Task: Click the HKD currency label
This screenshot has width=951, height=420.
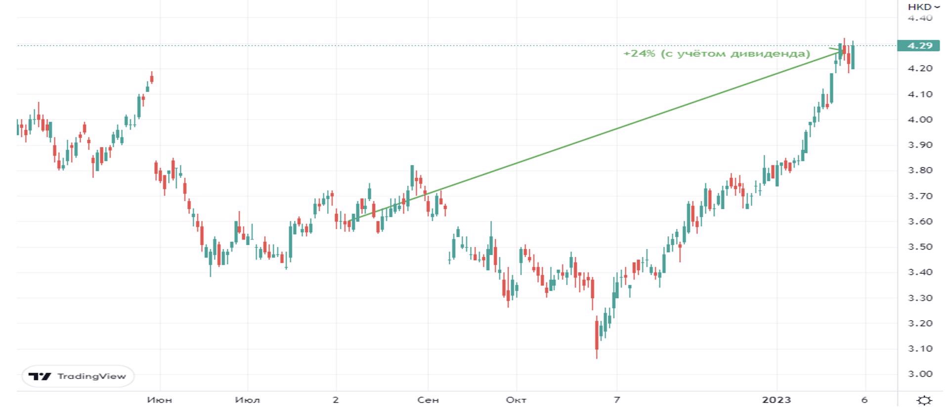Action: click(920, 7)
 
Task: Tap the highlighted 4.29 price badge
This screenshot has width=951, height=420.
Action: click(920, 45)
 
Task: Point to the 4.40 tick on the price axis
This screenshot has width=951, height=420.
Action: click(920, 18)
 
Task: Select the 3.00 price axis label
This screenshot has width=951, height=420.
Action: click(920, 374)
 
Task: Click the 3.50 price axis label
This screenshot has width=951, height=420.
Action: click(920, 247)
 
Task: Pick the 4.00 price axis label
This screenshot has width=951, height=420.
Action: click(920, 120)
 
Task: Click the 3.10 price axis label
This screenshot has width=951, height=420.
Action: click(920, 349)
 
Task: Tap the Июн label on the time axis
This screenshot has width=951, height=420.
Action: click(160, 400)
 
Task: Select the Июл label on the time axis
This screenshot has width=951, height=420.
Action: click(248, 400)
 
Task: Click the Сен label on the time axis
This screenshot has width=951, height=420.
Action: click(428, 400)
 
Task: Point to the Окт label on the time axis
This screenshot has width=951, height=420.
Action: click(516, 400)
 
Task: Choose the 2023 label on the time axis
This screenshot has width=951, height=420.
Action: click(777, 400)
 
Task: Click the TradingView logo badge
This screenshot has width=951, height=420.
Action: click(78, 377)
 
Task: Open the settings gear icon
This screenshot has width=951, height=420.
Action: click(924, 400)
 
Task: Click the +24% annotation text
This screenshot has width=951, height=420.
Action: click(639, 53)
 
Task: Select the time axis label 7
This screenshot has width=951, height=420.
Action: click(616, 400)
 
